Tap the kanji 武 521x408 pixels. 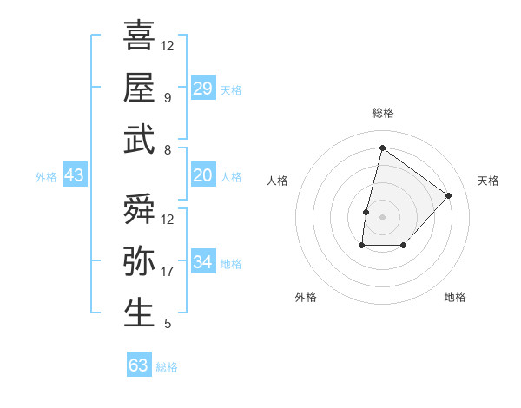(139, 140)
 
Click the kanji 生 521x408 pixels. (139, 313)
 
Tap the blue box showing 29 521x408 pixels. (203, 88)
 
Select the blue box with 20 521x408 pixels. (203, 175)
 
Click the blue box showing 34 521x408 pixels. (203, 262)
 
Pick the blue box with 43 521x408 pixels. (74, 175)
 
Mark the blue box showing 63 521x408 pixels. (139, 365)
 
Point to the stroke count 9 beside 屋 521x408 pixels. (167, 98)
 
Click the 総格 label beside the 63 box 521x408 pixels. (167, 367)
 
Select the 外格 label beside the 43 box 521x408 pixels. (46, 176)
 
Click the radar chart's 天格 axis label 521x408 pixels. (488, 181)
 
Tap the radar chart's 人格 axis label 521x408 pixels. (277, 181)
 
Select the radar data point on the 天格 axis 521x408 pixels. (448, 195)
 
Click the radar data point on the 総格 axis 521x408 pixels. (382, 148)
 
